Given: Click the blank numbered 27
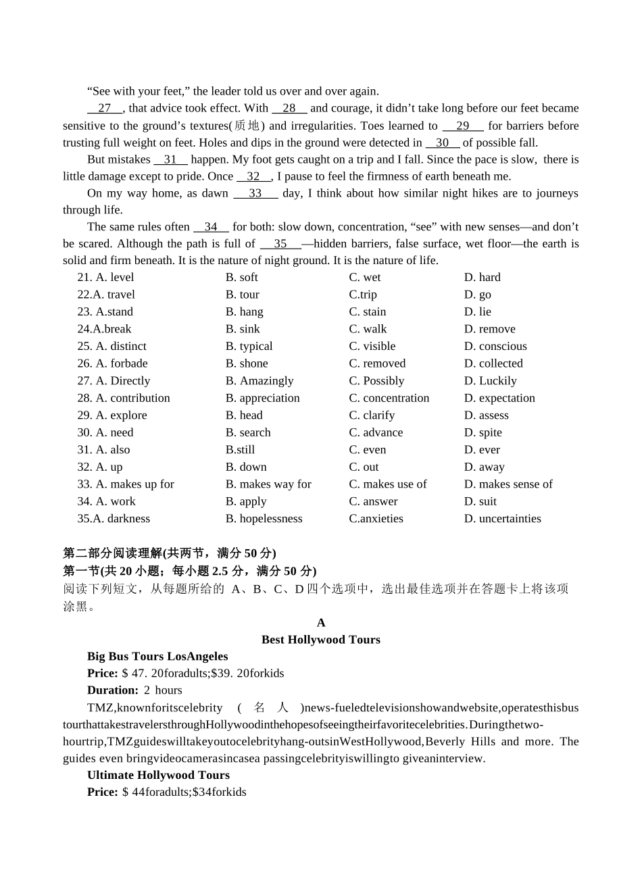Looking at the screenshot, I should point(105,108).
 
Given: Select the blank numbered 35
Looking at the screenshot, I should point(280,244).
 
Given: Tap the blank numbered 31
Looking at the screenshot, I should point(170,159).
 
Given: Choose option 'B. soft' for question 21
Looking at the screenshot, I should point(241,278).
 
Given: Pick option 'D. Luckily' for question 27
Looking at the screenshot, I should point(490,381).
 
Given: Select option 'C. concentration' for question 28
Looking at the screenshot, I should point(389,399).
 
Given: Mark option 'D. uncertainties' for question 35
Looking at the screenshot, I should point(502,519).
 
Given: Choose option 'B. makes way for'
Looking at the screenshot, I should point(268,484).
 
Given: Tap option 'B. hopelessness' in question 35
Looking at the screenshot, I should point(264,519).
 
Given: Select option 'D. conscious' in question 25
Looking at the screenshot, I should point(495,347).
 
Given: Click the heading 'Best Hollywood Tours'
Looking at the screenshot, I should point(320,640).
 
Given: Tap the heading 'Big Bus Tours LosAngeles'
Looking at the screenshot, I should point(157,657).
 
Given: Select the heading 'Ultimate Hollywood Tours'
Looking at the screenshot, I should point(158,776).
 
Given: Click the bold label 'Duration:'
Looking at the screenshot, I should point(112,690).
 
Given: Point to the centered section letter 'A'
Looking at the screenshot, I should point(321,623).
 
